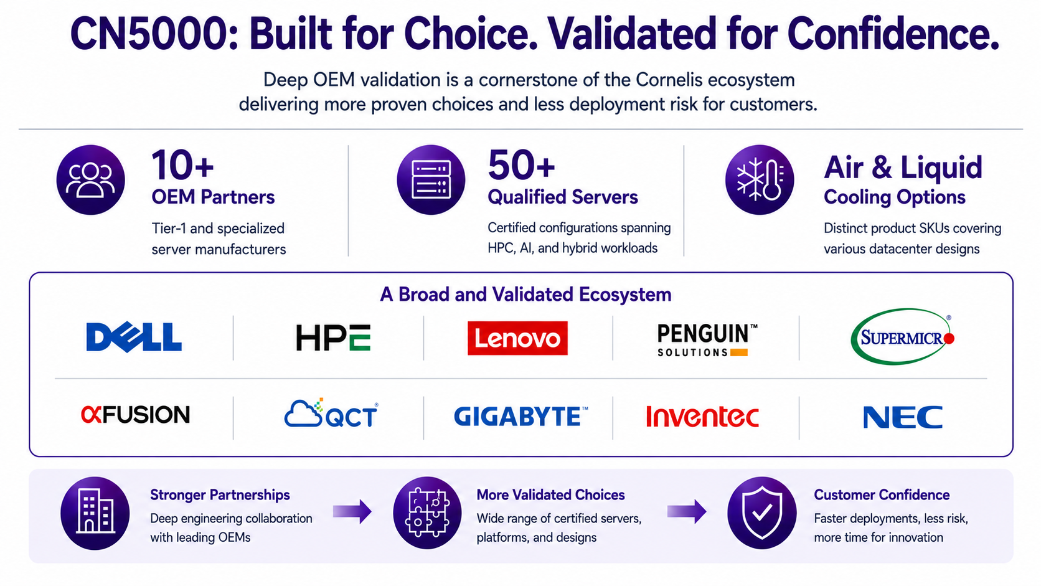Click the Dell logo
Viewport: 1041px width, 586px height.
tap(134, 337)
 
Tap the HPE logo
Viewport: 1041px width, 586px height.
tap(333, 338)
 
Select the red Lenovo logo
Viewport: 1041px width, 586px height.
tap(517, 338)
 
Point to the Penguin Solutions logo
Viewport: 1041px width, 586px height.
tap(707, 340)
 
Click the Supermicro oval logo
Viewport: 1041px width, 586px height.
tap(902, 336)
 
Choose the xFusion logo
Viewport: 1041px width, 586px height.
tap(135, 415)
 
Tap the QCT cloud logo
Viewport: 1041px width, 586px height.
tap(331, 413)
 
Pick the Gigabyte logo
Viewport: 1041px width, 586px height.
tap(520, 416)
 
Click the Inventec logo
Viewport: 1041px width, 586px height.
tap(702, 417)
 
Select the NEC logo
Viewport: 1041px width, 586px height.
tap(903, 417)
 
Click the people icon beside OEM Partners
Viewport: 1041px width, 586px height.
tap(91, 180)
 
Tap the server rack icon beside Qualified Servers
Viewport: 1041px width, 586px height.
tap(431, 180)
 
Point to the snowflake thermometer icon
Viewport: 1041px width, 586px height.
tap(760, 180)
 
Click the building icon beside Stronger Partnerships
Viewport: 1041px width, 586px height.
tap(95, 513)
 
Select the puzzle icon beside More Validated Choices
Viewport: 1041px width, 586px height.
tap(427, 513)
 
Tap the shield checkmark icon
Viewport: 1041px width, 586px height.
tap(761, 513)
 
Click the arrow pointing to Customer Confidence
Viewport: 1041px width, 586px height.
tap(687, 512)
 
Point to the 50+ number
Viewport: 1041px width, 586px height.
tap(521, 166)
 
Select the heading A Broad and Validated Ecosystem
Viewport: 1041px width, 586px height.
tap(525, 294)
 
